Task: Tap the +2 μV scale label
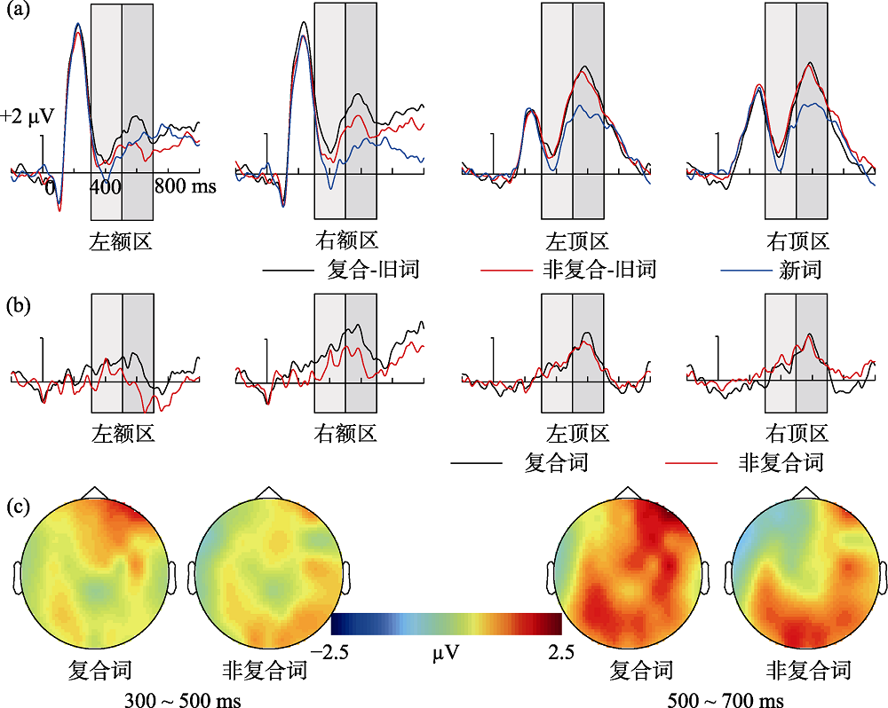pyautogui.click(x=28, y=116)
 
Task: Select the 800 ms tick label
pyautogui.click(x=185, y=187)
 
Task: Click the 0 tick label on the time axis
pyautogui.click(x=51, y=187)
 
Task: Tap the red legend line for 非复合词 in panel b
pyautogui.click(x=691, y=462)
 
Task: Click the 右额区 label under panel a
pyautogui.click(x=346, y=240)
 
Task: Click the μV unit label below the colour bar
pyautogui.click(x=447, y=656)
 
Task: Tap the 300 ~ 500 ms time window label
pyautogui.click(x=184, y=698)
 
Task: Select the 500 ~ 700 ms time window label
pyautogui.click(x=725, y=698)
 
